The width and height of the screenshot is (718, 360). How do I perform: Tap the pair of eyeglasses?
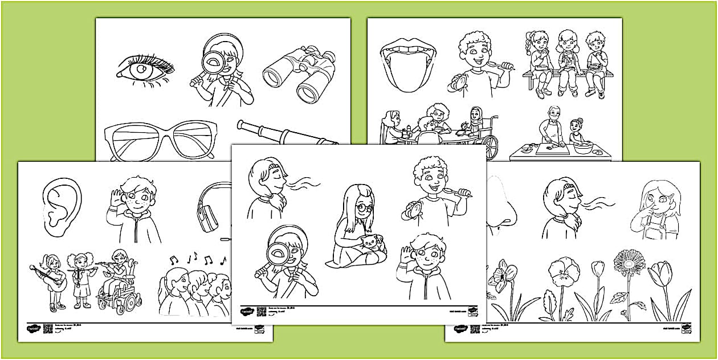pos(158,140)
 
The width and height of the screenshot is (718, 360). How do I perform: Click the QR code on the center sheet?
pos(262,311)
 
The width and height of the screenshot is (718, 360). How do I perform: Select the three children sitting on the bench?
pos(568,63)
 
